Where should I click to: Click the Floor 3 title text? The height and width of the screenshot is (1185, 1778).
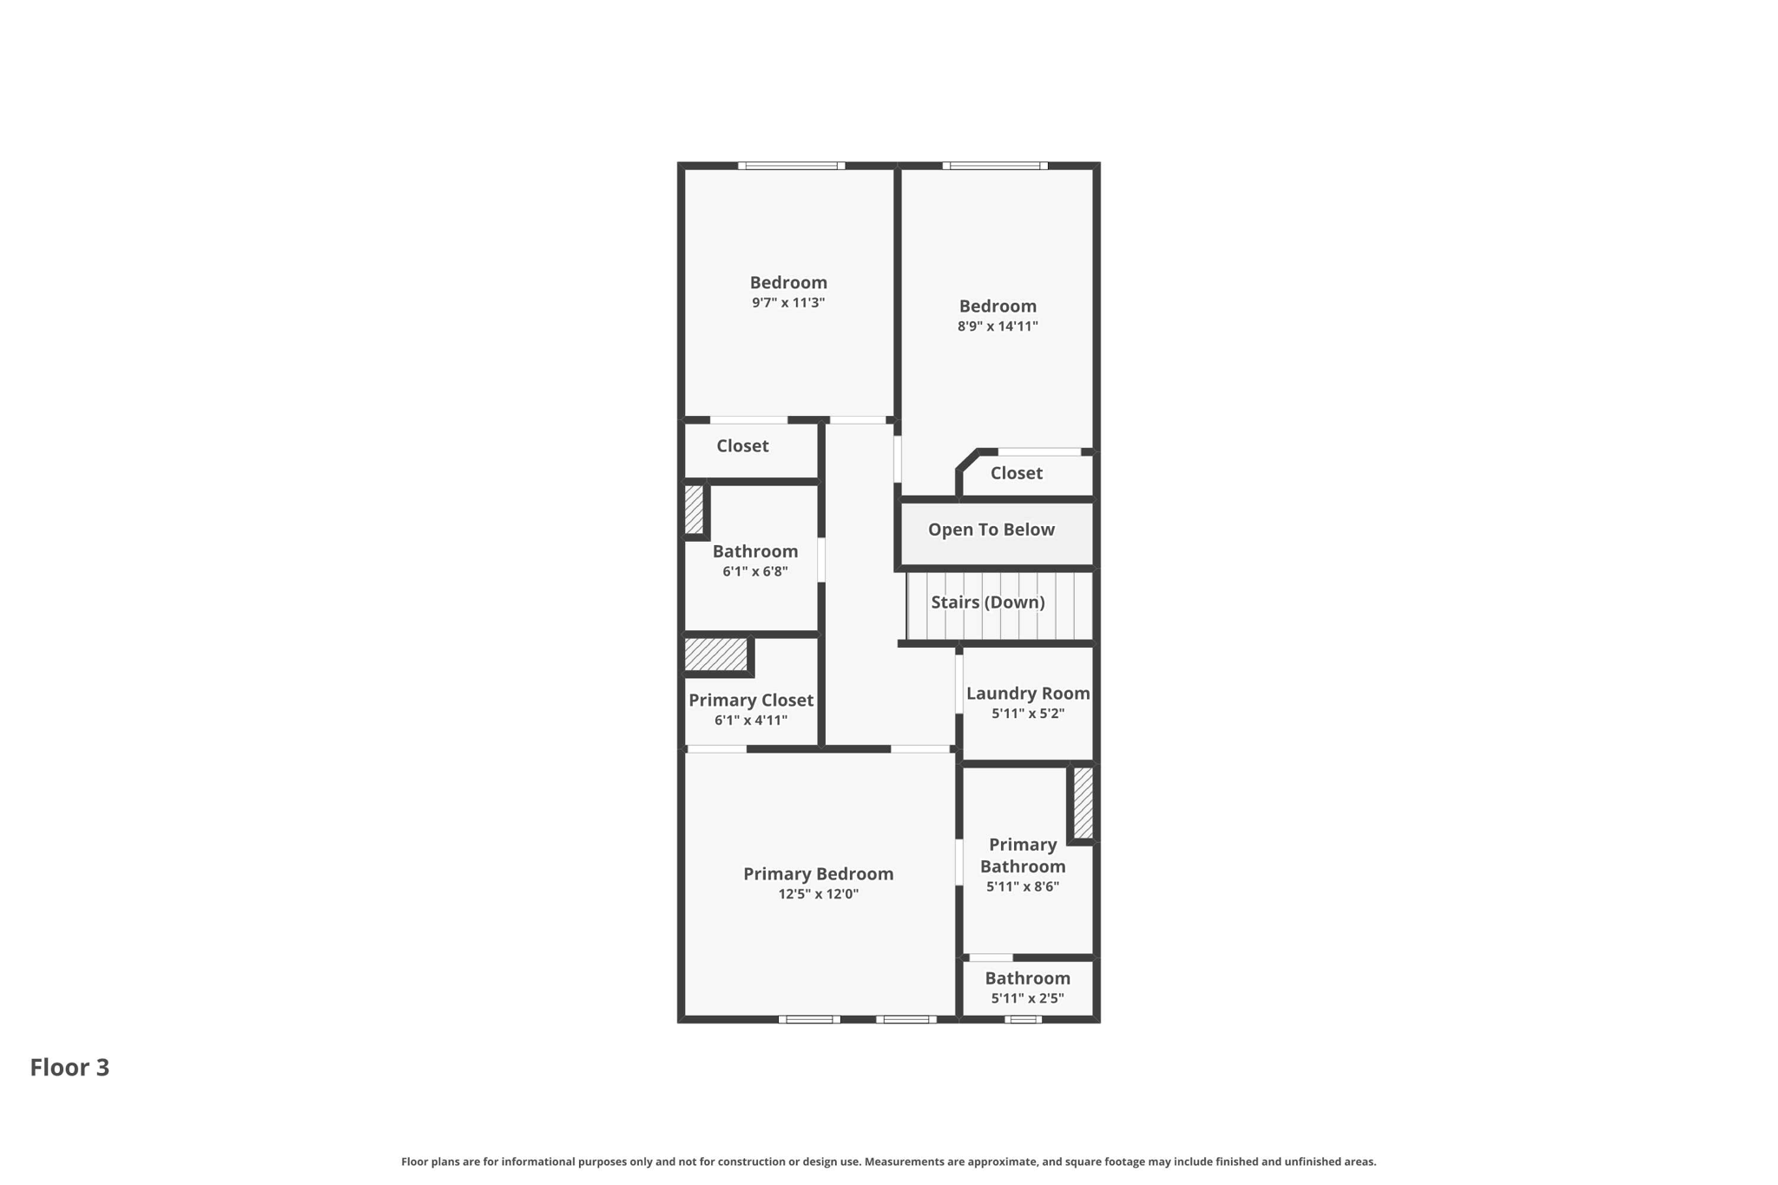coord(69,1067)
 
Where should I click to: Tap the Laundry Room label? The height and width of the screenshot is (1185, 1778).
coord(1028,693)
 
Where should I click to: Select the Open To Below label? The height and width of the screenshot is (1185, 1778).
coord(991,530)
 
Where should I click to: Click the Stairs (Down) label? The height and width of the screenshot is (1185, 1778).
coord(987,602)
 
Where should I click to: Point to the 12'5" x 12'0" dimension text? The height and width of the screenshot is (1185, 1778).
coord(818,894)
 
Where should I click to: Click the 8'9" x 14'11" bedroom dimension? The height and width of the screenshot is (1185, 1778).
coord(998,326)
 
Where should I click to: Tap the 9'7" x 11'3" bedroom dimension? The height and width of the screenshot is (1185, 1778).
coord(787,303)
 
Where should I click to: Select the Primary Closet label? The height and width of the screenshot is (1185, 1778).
coord(750,700)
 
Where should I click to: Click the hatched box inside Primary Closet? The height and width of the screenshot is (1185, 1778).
coord(716,654)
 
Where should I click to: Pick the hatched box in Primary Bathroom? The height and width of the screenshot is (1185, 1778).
coord(1083,803)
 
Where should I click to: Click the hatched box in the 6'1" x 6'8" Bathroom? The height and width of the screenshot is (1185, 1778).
coord(693,510)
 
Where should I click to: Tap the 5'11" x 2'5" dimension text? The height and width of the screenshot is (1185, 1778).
coord(1027,998)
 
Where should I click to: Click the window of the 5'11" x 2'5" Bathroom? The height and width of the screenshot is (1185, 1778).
coord(1023,1019)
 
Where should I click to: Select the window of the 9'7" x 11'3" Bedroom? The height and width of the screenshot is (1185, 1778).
coord(791,166)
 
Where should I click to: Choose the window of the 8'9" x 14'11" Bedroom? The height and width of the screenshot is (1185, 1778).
coord(995,166)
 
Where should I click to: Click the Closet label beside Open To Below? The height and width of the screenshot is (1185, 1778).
coord(1016,473)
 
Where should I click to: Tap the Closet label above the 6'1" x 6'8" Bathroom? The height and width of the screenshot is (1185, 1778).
coord(742,445)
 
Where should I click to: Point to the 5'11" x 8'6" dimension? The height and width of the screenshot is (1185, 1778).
coord(1023,886)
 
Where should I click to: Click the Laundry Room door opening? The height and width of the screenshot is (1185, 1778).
coord(959,682)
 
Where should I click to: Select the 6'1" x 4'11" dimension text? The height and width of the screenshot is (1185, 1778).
coord(751,720)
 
